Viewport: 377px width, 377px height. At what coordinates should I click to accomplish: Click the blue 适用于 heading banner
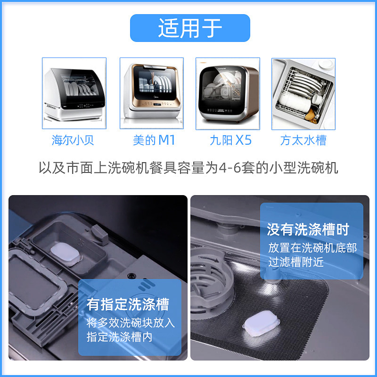(190, 28)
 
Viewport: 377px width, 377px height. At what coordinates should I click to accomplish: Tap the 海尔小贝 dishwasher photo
(74, 93)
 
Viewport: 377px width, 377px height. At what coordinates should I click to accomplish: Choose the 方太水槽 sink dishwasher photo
(303, 93)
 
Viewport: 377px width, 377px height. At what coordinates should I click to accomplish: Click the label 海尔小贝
(73, 140)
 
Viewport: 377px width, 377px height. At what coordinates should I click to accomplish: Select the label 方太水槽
(303, 140)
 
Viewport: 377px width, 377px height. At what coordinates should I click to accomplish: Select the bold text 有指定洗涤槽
(127, 304)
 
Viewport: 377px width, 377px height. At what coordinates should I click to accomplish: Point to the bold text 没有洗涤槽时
(308, 230)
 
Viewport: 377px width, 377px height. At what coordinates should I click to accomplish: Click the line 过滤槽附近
(296, 262)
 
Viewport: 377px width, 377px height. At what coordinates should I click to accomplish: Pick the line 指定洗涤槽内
(119, 337)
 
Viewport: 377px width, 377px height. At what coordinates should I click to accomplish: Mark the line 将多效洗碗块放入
(131, 323)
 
